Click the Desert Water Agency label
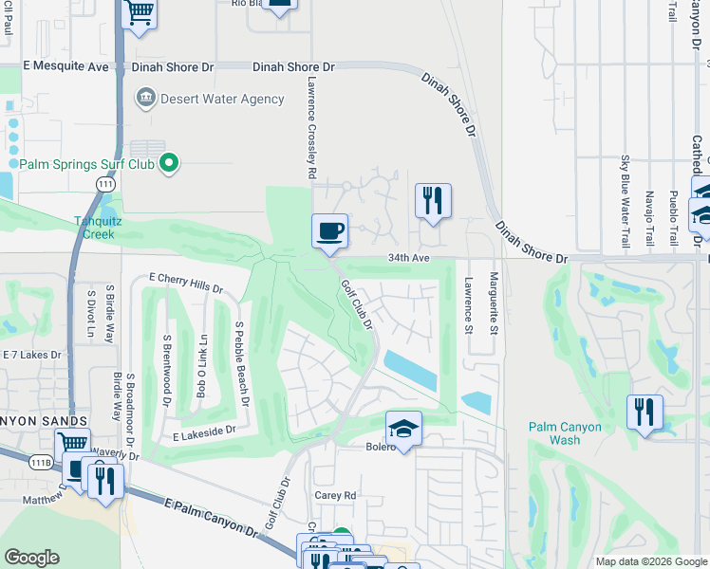pyautogui.click(x=222, y=99)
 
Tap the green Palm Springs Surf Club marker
pyautogui.click(x=170, y=164)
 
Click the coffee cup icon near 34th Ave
pyautogui.click(x=329, y=230)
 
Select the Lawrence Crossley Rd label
pyautogui.click(x=310, y=129)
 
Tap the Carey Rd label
pyautogui.click(x=334, y=495)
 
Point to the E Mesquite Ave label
pyautogui.click(x=65, y=67)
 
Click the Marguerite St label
pyautogui.click(x=494, y=303)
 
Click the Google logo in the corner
pyautogui.click(x=31, y=557)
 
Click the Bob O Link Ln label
pyautogui.click(x=201, y=365)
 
